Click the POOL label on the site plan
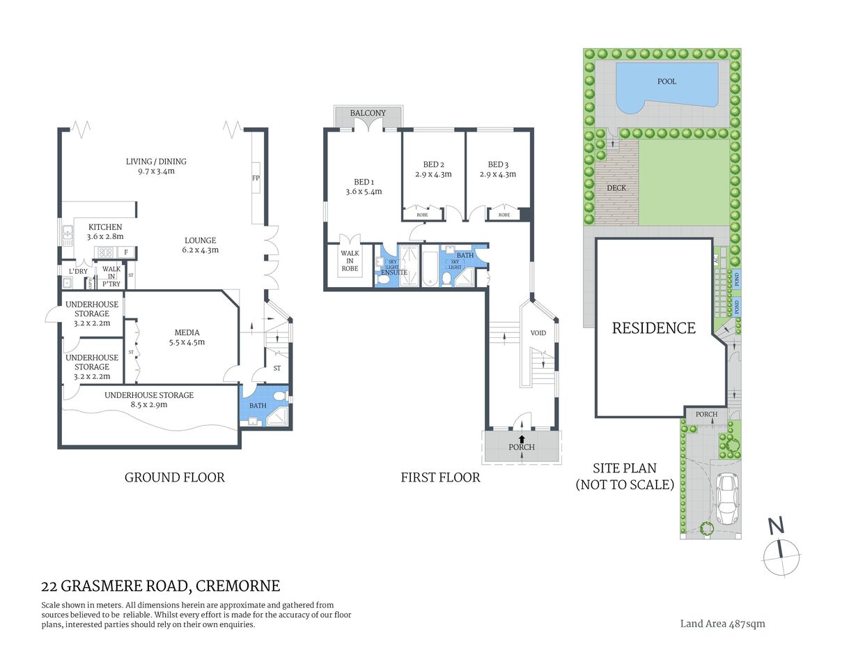[667, 82]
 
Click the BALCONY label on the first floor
[368, 113]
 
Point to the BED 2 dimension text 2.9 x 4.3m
[433, 175]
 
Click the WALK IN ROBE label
[350, 261]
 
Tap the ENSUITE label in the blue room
[394, 272]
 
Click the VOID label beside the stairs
[538, 333]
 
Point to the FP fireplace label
[256, 178]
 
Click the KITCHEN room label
[105, 227]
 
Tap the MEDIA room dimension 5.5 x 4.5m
[187, 342]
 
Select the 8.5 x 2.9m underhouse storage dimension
[149, 405]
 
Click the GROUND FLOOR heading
[174, 477]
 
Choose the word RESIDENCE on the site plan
[653, 328]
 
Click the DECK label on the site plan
[616, 188]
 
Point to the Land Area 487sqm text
[722, 624]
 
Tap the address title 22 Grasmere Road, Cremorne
[161, 586]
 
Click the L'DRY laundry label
[78, 272]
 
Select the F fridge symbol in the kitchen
[125, 252]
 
